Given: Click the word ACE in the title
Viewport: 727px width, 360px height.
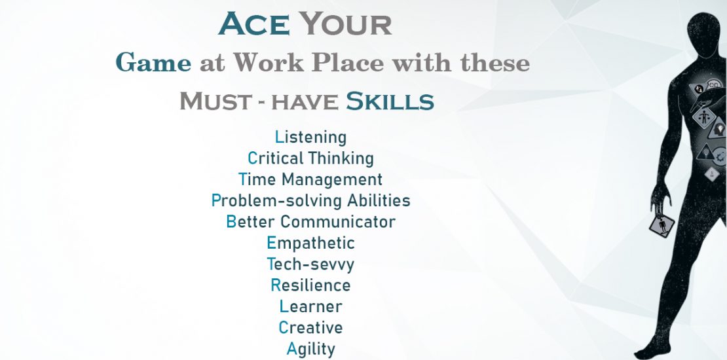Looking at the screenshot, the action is pos(254,24).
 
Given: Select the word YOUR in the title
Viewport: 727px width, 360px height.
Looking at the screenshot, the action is pos(345,24).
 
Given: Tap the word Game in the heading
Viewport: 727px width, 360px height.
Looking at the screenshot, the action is pos(153,63).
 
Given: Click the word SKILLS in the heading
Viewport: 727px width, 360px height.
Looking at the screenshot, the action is pos(390,101).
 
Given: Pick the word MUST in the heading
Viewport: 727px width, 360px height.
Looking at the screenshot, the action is pos(215,101).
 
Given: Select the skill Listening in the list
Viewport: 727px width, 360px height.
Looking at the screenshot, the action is pos(310,137).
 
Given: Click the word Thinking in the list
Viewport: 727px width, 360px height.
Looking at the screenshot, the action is pos(341,158).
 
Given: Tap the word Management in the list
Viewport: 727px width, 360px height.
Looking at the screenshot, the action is pos(332,180).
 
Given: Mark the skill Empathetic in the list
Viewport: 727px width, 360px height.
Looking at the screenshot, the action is pos(310,243).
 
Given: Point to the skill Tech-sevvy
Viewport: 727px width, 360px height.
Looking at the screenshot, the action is pos(310,264).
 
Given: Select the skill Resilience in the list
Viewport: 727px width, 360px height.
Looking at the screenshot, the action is pos(310,285).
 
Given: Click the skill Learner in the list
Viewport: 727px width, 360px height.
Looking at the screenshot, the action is pos(310,306).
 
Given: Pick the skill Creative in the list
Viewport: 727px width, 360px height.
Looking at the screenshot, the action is pos(310,327).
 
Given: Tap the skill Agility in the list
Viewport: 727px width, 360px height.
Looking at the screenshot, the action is pos(310,349).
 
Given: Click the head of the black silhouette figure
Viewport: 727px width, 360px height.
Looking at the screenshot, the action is pos(704,35).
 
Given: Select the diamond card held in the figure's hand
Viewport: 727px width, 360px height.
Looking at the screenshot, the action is pos(662,226).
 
